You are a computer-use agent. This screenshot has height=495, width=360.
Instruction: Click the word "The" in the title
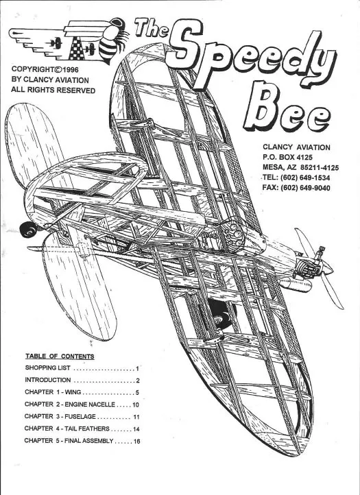pyautogui.click(x=152, y=28)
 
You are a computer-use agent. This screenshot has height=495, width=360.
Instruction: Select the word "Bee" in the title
pyautogui.click(x=287, y=108)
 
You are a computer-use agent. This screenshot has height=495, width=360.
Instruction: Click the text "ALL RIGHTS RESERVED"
pyautogui.click(x=53, y=90)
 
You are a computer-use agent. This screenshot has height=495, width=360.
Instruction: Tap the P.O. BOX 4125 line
pyautogui.click(x=287, y=157)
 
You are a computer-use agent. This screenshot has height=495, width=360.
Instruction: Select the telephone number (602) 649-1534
pyautogui.click(x=305, y=178)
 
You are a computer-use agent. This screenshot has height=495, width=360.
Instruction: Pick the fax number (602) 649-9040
pyautogui.click(x=305, y=188)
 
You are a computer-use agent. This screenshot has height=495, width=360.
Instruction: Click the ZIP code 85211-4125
pyautogui.click(x=320, y=168)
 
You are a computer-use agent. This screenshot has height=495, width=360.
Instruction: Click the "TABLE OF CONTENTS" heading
pyautogui.click(x=60, y=357)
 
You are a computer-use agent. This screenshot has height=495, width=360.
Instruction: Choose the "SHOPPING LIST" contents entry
pyautogui.click(x=48, y=367)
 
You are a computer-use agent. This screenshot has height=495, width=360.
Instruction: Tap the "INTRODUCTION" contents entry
pyautogui.click(x=48, y=380)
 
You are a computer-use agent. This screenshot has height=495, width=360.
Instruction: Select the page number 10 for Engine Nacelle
pyautogui.click(x=136, y=405)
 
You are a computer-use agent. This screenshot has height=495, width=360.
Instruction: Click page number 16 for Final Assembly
pyautogui.click(x=136, y=441)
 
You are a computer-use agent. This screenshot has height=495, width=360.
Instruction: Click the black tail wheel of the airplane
pyautogui.click(x=28, y=230)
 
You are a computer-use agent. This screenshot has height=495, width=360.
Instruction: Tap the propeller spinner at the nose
pyautogui.click(x=327, y=267)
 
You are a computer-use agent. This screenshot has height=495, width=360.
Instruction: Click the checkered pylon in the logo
pyautogui.click(x=77, y=48)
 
